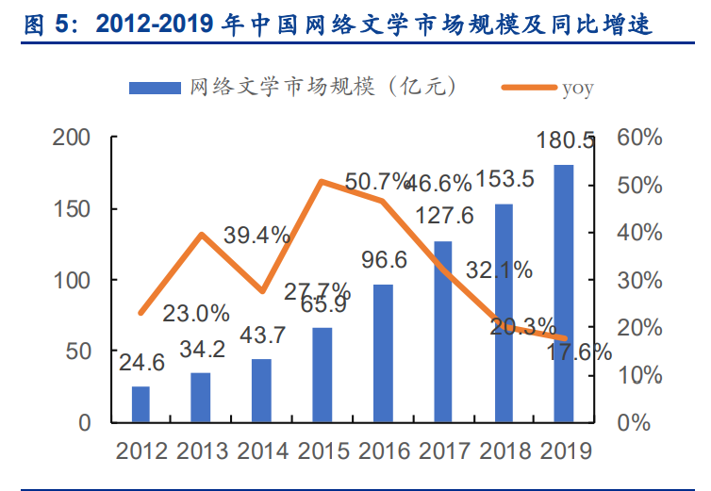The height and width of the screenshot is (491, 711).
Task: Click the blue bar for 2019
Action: point(563,293)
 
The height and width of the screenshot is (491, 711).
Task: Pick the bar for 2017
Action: point(443,331)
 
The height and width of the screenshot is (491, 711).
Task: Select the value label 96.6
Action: point(383,259)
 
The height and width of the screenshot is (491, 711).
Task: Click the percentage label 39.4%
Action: point(256,236)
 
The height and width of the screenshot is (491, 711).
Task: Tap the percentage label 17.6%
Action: point(577,352)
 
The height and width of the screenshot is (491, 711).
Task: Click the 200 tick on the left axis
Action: point(71,138)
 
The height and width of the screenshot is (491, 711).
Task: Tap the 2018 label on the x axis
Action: point(504,450)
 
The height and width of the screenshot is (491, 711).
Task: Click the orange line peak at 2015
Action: point(322,181)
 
